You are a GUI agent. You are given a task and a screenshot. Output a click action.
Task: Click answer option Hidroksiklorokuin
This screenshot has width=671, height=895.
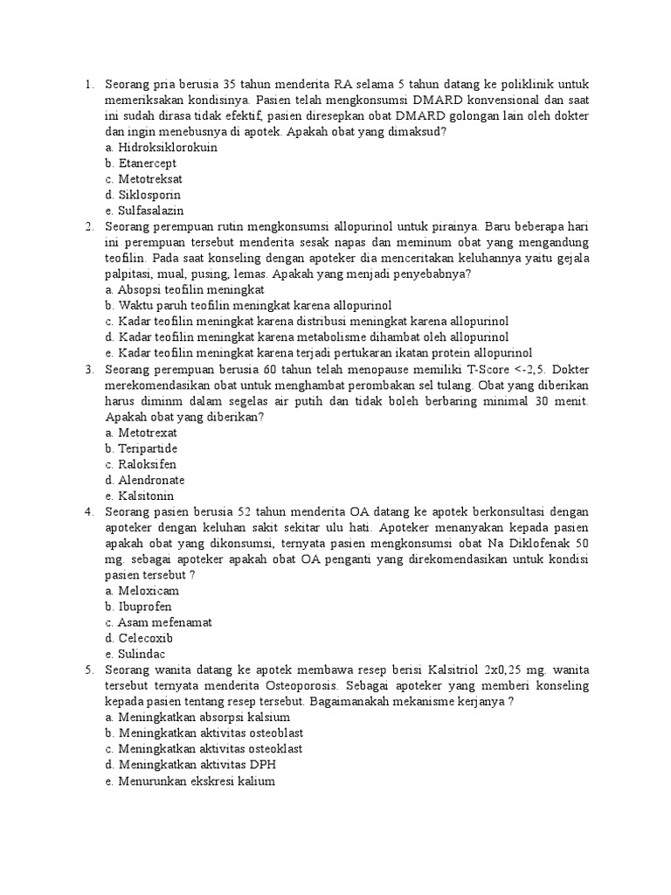pos(161,148)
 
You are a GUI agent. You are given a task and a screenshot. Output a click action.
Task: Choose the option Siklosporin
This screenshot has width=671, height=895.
pos(142,195)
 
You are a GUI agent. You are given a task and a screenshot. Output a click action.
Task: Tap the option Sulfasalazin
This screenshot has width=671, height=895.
pos(144,211)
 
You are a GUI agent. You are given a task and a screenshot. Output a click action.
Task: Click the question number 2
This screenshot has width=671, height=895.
pos(89,226)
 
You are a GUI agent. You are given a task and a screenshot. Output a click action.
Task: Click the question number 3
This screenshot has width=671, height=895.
pos(89,368)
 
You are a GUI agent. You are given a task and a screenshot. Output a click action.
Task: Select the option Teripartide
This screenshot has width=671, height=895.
pos(142,448)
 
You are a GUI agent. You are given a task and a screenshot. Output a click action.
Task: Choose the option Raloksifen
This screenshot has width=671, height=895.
pos(141,464)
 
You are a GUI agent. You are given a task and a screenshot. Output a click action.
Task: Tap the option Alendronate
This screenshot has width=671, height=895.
pos(144,480)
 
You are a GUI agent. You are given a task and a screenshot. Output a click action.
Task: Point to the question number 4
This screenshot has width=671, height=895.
pos(89,511)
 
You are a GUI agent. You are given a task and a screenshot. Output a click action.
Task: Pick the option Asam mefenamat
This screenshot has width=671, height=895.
pos(157,622)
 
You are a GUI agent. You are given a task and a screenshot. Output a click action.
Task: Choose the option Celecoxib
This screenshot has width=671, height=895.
pos(140,638)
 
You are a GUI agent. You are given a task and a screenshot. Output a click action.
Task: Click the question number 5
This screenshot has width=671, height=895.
pos(89,670)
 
